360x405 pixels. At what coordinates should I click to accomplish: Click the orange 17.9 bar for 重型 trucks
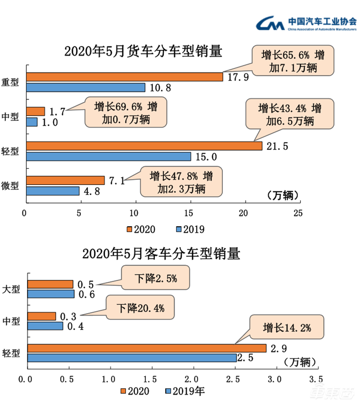[x=125, y=77]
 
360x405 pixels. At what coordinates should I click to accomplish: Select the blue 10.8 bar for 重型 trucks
[x=85, y=87]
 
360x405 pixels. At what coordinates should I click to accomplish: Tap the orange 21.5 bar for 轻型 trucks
[x=144, y=146]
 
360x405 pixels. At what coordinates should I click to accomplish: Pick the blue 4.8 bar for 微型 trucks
[x=53, y=191]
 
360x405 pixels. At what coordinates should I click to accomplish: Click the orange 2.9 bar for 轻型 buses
[x=147, y=348]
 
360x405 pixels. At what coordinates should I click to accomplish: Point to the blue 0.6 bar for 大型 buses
[x=51, y=294]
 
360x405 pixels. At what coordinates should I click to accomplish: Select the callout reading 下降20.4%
[x=139, y=308]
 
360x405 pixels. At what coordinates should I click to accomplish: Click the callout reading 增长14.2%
[x=287, y=328]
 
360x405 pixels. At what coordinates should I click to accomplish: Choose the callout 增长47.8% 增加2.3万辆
[x=182, y=182]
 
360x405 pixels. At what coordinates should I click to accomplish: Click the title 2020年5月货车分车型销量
[x=144, y=51]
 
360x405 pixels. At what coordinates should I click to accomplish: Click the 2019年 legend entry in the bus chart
[x=185, y=391]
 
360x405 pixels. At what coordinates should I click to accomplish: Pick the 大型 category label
[x=11, y=289]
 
